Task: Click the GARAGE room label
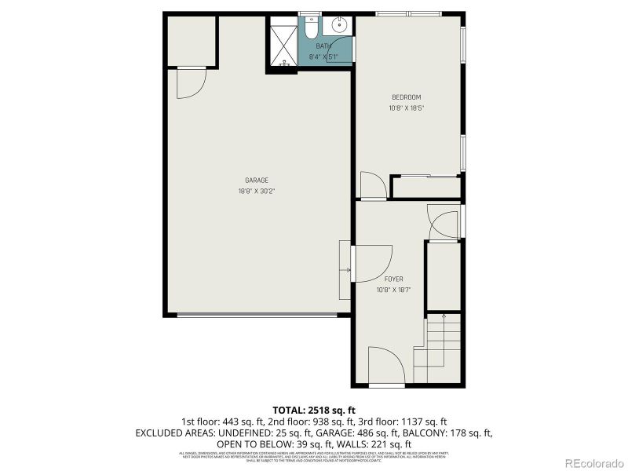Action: pyautogui.click(x=257, y=181)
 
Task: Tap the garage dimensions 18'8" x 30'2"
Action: pyautogui.click(x=257, y=191)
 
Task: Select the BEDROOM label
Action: pyautogui.click(x=407, y=97)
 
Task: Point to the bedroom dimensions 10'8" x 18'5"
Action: pyautogui.click(x=407, y=108)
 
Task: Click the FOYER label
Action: pyautogui.click(x=393, y=279)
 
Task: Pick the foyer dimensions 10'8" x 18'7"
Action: pyautogui.click(x=393, y=290)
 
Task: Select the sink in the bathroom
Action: pyautogui.click(x=340, y=25)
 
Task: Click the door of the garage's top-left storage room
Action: pyautogui.click(x=190, y=83)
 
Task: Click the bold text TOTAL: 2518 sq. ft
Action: pyautogui.click(x=314, y=410)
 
